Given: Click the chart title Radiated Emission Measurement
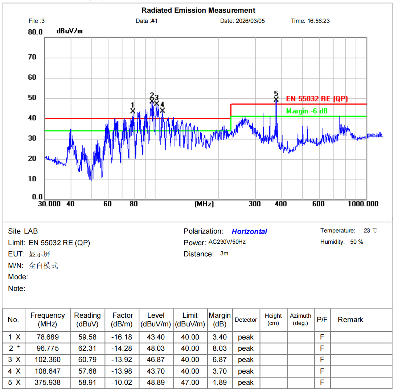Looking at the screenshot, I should (x=198, y=11).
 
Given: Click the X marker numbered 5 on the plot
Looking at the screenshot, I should (x=276, y=99).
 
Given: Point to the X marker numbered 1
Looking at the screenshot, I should (x=133, y=111).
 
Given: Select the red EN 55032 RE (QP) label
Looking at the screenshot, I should (x=317, y=99).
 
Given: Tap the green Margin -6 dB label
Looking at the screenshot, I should (x=307, y=111).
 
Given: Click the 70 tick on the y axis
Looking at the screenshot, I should (x=32, y=57).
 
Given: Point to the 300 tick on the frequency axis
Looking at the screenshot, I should (x=255, y=204).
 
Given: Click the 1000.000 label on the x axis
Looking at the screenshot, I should (x=363, y=204).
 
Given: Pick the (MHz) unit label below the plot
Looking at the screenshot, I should (x=204, y=204).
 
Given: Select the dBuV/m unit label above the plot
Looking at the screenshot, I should (x=69, y=31).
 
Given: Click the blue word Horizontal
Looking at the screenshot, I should (x=249, y=231).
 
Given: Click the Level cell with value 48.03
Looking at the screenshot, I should (x=156, y=348).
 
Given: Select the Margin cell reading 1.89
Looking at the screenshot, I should (x=219, y=382).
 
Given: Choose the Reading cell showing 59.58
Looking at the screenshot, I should (x=87, y=337).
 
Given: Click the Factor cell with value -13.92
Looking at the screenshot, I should (x=122, y=359).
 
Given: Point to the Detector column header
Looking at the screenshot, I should (x=246, y=320).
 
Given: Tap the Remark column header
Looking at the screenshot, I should (x=350, y=320).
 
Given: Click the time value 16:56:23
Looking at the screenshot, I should (x=319, y=21).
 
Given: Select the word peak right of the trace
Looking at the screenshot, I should (x=375, y=135).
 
